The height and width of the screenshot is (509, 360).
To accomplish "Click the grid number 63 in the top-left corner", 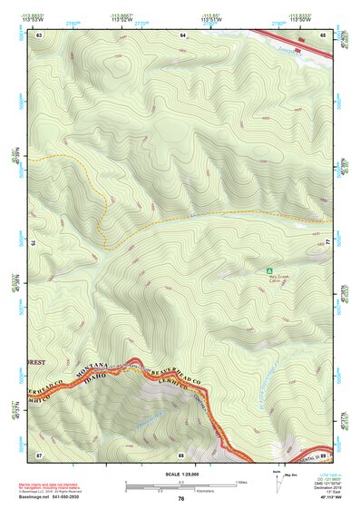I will tap(39, 34).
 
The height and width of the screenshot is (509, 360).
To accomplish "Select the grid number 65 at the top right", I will tap(324, 34).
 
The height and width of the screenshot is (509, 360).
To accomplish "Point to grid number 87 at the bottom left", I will tap(39, 453).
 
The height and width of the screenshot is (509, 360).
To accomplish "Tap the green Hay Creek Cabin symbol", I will tap(268, 270).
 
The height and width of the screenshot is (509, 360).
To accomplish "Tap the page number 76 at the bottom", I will tap(181, 499).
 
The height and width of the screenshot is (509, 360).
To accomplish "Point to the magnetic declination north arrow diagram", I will tap(277, 481).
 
